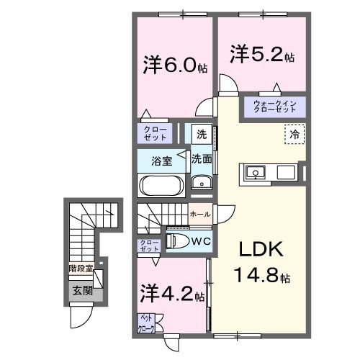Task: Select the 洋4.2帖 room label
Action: pos(174,294)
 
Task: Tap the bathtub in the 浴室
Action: pos(161,185)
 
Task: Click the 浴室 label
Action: pos(161,160)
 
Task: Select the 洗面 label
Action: pos(201,159)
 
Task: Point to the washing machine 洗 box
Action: pos(202,134)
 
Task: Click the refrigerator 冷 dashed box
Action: pos(294,135)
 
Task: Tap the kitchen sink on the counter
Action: pos(256,173)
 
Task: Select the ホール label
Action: pos(199,214)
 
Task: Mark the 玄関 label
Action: pos(81,290)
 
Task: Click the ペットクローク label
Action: pos(145,323)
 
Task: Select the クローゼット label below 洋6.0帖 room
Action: pos(154,133)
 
